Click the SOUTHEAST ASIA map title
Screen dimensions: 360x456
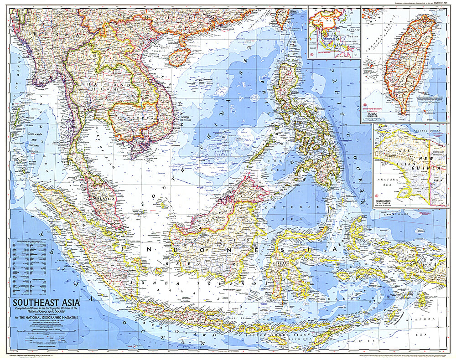pos(47,302)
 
